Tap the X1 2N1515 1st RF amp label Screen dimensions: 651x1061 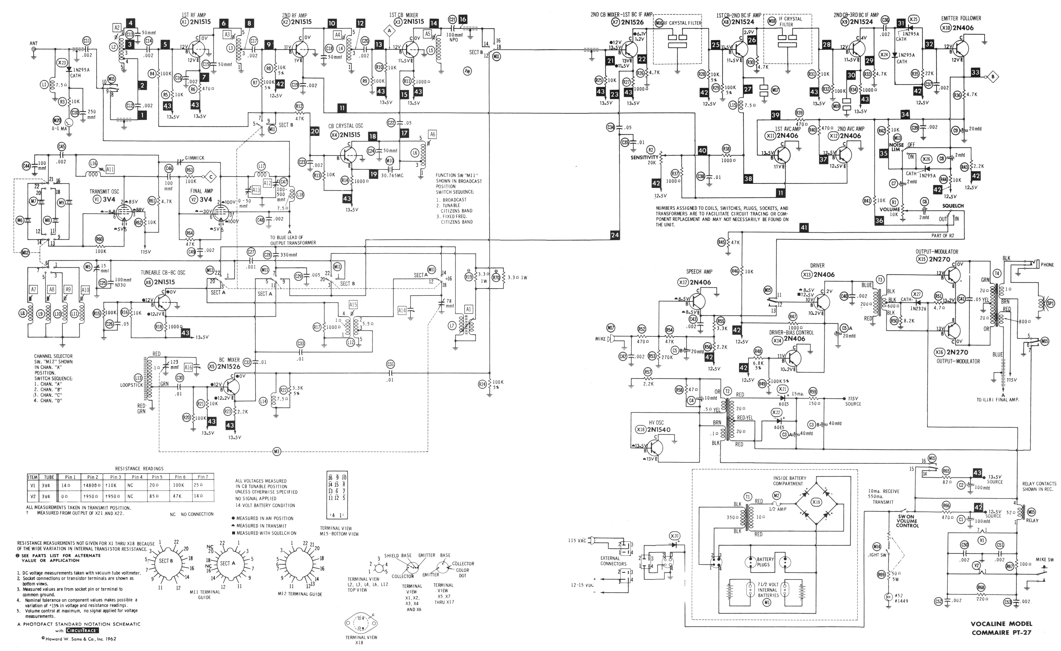pos(196,22)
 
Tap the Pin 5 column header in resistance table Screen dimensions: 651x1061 pos(157,477)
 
